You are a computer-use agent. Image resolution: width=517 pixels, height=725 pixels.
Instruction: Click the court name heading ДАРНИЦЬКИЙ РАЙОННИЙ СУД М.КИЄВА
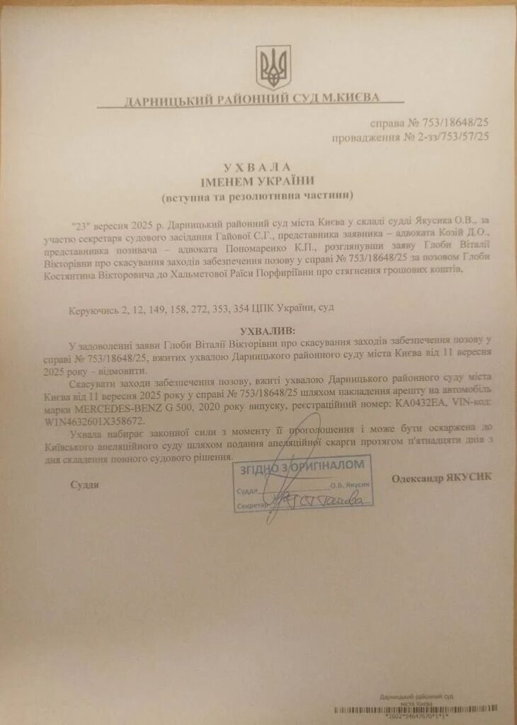click(x=252, y=99)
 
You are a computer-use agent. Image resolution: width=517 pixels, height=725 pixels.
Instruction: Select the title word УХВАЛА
click(x=256, y=167)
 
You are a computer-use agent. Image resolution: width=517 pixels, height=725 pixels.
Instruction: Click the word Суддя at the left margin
click(x=84, y=485)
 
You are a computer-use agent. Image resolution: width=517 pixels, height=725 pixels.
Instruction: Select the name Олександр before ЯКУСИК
click(x=417, y=478)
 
